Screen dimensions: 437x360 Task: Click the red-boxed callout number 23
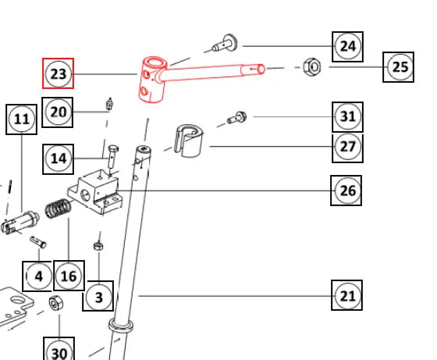(58, 73)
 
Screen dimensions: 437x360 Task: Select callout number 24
(347, 47)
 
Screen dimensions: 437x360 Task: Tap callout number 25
(398, 67)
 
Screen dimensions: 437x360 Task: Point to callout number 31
(347, 116)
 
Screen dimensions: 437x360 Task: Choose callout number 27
(347, 147)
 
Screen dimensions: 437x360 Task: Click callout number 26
(346, 191)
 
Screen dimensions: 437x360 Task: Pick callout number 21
(347, 295)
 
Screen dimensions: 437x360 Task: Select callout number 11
(22, 119)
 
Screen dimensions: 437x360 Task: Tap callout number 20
(58, 112)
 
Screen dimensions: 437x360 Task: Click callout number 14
(59, 159)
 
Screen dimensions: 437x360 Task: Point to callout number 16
(69, 276)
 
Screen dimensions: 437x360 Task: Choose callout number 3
(98, 296)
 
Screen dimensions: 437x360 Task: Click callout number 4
(37, 276)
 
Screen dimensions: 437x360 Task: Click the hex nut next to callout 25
(312, 67)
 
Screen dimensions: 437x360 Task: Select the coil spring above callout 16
(59, 208)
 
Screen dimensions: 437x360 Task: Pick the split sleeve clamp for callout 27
(188, 141)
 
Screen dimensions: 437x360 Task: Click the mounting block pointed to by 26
(95, 191)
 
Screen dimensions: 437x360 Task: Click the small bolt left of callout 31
(237, 118)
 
